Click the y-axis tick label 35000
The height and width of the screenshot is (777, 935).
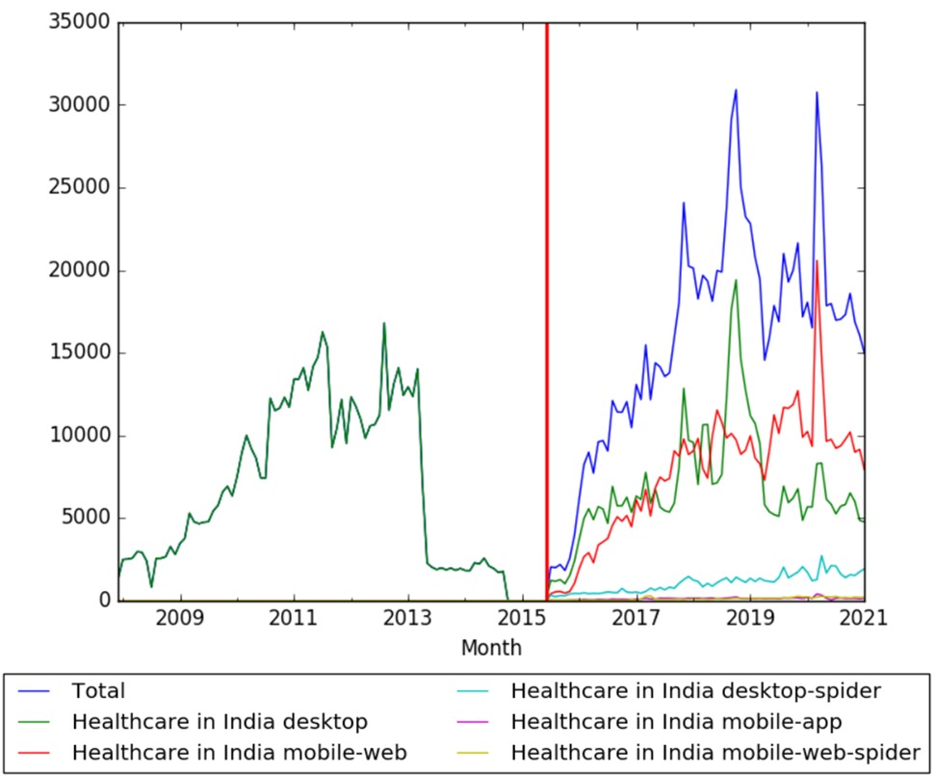point(78,22)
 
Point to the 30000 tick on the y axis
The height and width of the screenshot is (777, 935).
point(78,105)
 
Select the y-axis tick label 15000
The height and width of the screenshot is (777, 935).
point(78,353)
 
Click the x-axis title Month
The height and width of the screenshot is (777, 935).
point(491,647)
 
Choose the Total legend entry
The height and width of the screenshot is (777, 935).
point(99,690)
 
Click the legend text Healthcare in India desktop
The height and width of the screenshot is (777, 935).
point(219,720)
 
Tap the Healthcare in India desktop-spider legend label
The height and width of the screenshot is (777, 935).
point(694,690)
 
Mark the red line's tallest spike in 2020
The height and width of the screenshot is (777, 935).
point(818,261)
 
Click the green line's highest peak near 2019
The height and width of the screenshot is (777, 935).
point(737,281)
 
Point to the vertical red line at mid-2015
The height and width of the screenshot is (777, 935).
point(547,289)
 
